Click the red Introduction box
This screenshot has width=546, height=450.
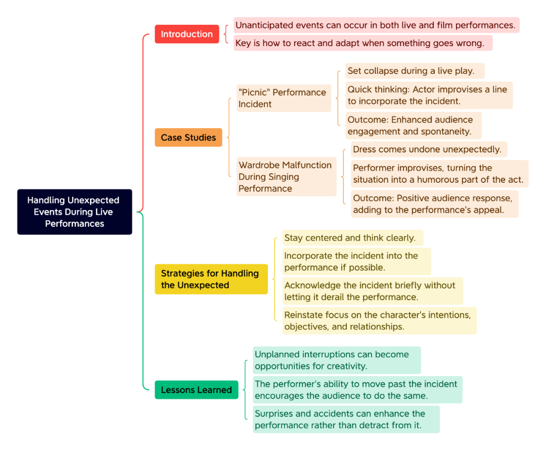tap(187, 34)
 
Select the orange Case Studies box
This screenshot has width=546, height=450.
tap(189, 137)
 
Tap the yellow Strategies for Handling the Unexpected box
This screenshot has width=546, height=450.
tap(211, 279)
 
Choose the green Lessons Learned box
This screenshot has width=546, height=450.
tap(196, 390)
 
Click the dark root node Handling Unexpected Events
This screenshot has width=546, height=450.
tap(74, 212)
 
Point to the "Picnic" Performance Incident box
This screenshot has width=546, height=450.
tap(284, 98)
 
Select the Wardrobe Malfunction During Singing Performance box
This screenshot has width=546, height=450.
tap(287, 177)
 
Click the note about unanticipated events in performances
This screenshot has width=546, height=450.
tap(377, 25)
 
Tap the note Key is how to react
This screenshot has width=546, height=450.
tap(363, 43)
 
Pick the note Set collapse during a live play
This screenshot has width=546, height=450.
tap(415, 71)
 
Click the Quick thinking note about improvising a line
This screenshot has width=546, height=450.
tap(429, 95)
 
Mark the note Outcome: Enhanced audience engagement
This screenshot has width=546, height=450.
tap(414, 126)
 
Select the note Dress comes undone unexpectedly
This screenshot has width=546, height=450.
tap(429, 149)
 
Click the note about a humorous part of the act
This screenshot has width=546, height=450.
tap(440, 174)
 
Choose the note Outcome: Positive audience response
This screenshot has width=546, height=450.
tap(435, 204)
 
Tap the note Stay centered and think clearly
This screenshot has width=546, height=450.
tap(353, 238)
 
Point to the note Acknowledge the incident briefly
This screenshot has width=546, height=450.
tap(373, 291)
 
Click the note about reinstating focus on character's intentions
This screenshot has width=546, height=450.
tap(379, 321)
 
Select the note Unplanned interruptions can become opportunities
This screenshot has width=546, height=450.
tap(337, 360)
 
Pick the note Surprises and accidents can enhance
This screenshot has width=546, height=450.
tap(346, 419)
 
